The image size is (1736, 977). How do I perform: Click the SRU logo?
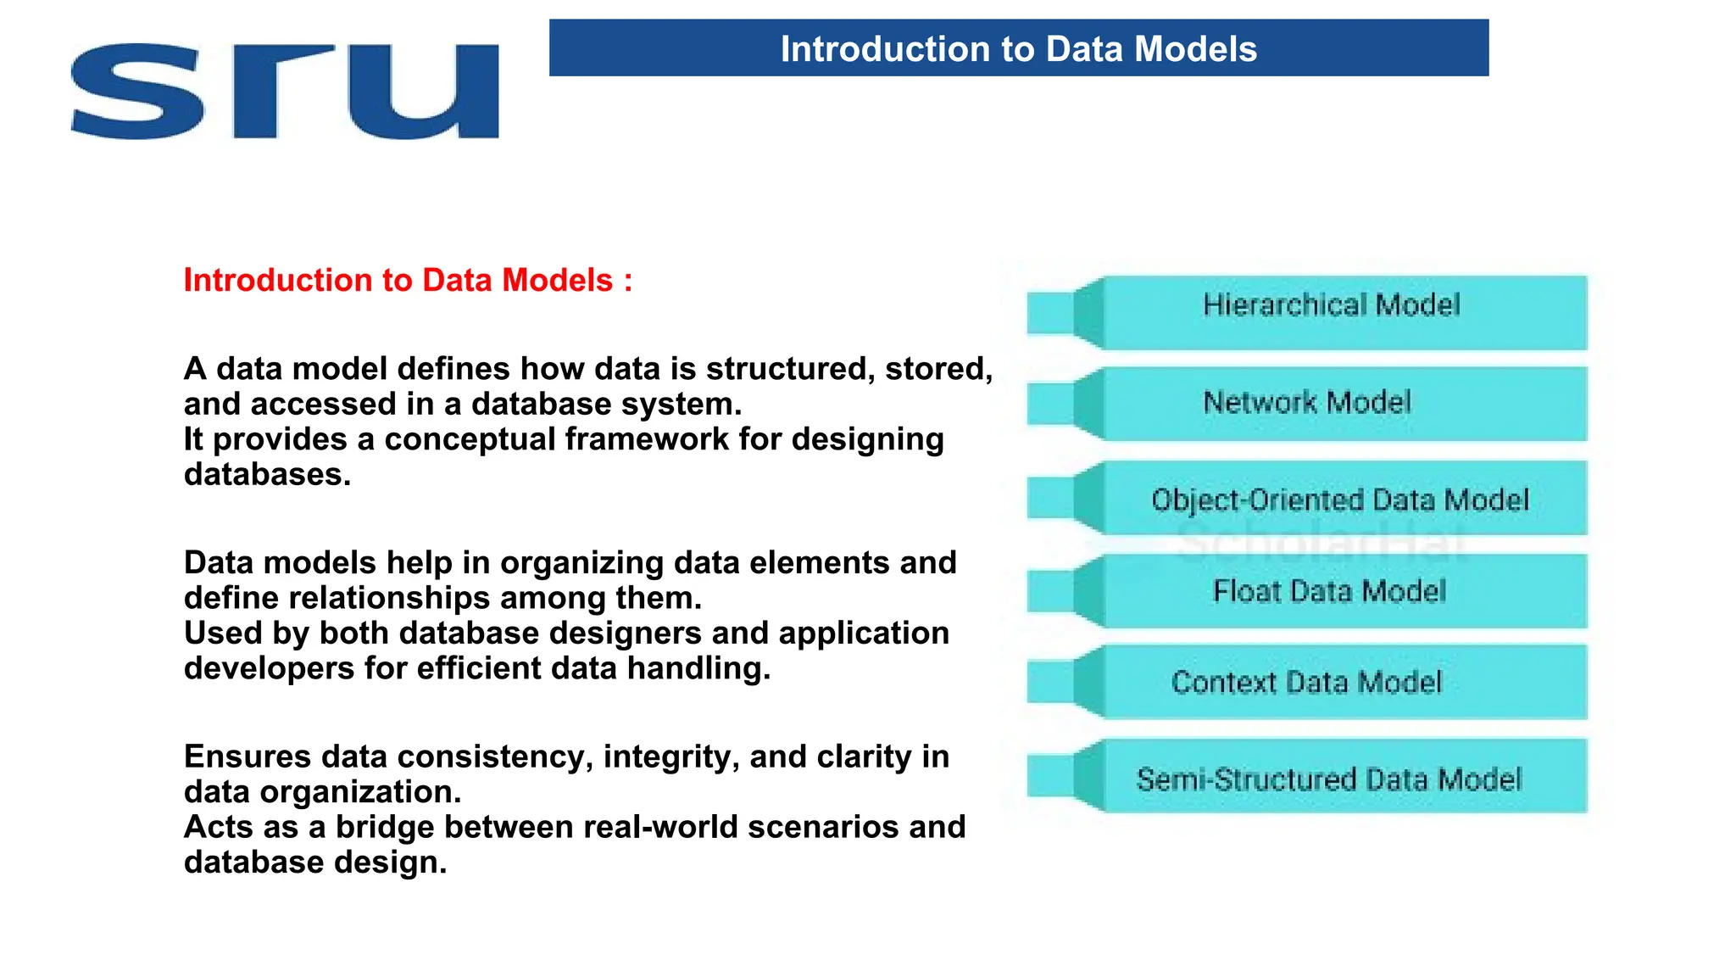(x=285, y=92)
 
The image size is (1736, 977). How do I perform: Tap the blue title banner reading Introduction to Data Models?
(x=1018, y=48)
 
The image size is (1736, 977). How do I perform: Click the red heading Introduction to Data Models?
(x=408, y=281)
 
